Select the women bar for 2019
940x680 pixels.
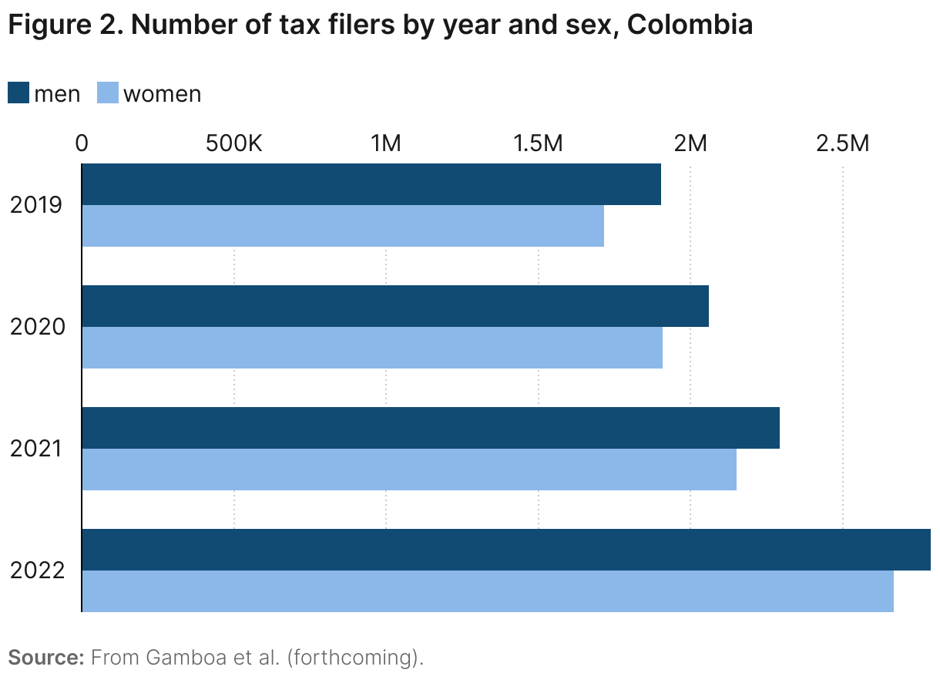(343, 226)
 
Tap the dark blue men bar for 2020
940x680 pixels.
(395, 306)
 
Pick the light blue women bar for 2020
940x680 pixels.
(372, 348)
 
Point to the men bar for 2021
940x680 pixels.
(431, 428)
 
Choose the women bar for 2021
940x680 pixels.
(409, 470)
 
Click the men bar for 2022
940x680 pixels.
(506, 550)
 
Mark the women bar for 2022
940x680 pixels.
(488, 591)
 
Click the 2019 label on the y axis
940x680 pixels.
(36, 205)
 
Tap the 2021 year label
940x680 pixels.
(36, 449)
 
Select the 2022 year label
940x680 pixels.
(36, 571)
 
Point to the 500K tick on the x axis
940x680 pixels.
(233, 143)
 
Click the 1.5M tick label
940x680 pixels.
(538, 143)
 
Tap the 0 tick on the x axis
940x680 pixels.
(82, 143)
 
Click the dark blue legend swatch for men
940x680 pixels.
(18, 93)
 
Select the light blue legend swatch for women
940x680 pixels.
(108, 93)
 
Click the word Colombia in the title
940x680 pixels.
(689, 25)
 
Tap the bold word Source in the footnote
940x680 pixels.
(45, 658)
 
